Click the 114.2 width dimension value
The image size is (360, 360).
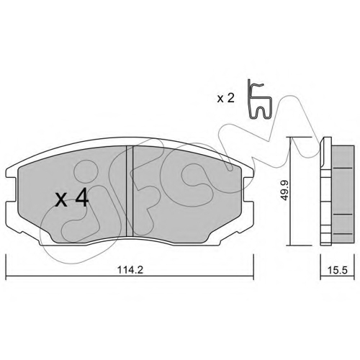pos(130,270)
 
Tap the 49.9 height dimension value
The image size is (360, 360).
pos(285,191)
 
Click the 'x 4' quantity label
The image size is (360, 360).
pos(72,200)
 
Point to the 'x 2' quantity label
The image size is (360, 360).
pos(225,99)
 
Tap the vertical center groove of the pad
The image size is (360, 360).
pos(130,191)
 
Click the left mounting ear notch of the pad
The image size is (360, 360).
pos(9,190)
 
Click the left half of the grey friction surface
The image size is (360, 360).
pos(72,194)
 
